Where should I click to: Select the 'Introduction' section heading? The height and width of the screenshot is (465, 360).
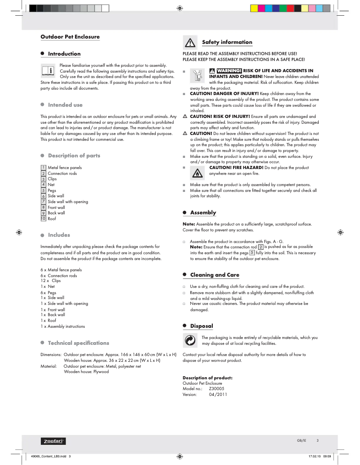pyautogui.click(x=64, y=54)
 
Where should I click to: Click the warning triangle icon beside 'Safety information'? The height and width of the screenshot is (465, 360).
pyautogui.click(x=190, y=43)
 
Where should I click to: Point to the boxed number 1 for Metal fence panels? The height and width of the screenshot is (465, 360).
pyautogui.click(x=44, y=168)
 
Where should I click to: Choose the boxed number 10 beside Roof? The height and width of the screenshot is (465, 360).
pyautogui.click(x=44, y=218)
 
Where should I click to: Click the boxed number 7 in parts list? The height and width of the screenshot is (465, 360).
pyautogui.click(x=44, y=201)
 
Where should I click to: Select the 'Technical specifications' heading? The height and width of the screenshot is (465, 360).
pyautogui.click(x=79, y=343)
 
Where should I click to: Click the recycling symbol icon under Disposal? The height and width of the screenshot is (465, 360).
pyautogui.click(x=190, y=340)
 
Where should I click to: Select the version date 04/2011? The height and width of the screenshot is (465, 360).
pyautogui.click(x=218, y=395)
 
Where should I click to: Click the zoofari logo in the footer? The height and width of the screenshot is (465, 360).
pyautogui.click(x=54, y=441)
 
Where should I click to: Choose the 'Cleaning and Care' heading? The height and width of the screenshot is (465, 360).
pyautogui.click(x=215, y=275)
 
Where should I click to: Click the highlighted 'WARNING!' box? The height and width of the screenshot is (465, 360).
pyautogui.click(x=229, y=71)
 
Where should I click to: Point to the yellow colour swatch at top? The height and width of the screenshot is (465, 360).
pyautogui.click(x=254, y=8)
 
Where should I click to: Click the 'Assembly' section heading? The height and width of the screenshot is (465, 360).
pyautogui.click(x=203, y=213)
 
